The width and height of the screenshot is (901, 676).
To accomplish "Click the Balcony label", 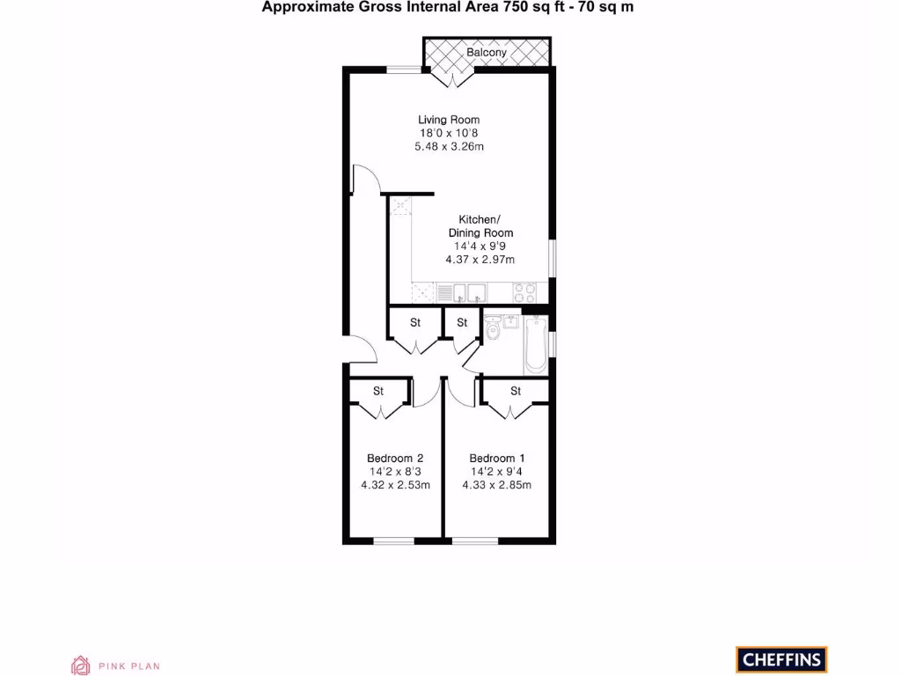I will pos(487,53).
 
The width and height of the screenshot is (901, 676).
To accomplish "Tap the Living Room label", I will pos(449,120).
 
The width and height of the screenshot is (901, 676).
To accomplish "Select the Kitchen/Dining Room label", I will pos(480,226).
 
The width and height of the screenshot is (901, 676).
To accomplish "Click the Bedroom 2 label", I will pos(395,459).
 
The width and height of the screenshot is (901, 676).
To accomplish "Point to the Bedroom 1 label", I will pos(497,459).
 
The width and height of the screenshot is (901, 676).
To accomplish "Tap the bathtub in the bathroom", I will pos(535,346).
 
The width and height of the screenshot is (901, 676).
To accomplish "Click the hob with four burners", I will pos(526,292).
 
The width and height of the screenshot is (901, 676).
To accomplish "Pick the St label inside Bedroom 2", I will pos(378,391).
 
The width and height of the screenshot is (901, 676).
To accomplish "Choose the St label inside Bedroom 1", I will pos(516,391).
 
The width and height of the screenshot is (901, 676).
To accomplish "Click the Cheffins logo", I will pos(781,658).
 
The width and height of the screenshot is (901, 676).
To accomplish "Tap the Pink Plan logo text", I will pos(128,666).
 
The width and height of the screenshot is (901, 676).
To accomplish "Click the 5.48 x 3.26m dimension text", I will pos(449,146).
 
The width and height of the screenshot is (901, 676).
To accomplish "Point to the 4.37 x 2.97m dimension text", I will pos(480,260).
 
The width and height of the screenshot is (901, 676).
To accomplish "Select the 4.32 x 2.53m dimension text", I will pos(395,485).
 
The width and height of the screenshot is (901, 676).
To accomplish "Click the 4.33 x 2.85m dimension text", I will pos(497,485).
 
